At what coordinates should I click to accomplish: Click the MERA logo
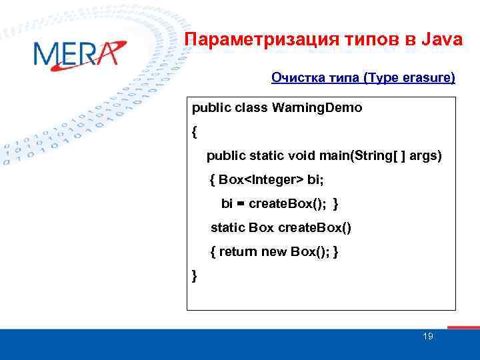(x=77, y=54)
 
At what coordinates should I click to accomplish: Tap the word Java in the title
(x=441, y=40)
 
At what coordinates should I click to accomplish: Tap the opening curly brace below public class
(x=195, y=132)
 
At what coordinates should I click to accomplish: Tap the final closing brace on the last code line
(x=194, y=275)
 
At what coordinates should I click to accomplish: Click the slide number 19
(x=428, y=337)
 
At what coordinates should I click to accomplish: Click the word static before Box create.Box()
(x=227, y=227)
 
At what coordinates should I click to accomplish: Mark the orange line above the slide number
(x=463, y=327)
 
